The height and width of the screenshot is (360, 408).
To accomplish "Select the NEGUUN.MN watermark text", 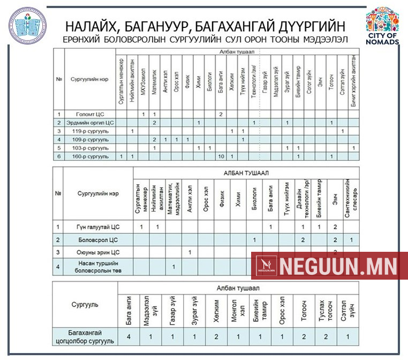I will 338,266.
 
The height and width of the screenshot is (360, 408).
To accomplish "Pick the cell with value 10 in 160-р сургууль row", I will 220,156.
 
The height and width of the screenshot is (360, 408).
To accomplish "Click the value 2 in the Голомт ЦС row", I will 220,114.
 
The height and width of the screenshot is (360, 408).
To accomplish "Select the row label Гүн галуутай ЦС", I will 98,227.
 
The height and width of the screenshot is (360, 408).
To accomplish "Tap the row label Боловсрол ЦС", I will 98,239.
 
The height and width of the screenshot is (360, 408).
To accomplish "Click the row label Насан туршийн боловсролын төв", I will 98,266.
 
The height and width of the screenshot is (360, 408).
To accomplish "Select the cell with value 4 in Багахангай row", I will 129,336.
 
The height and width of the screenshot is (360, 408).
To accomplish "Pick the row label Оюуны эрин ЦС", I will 98,252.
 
